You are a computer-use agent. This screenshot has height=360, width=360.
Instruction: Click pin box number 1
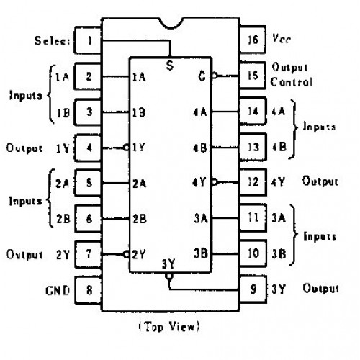coord(88,40)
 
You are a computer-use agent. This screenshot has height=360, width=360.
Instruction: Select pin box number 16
coord(253,40)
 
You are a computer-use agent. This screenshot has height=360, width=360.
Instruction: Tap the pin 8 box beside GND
coord(88,290)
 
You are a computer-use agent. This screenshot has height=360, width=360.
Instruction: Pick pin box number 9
coord(253,289)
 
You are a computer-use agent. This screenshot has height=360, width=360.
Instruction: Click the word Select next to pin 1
coord(52,41)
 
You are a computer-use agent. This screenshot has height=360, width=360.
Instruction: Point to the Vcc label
coord(282,38)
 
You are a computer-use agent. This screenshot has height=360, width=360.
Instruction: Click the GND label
coord(58,290)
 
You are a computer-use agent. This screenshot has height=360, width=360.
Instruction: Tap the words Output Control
coord(292,75)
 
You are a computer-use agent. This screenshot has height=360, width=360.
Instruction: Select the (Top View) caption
coord(169,327)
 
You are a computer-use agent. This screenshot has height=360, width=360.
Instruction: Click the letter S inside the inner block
coord(170,66)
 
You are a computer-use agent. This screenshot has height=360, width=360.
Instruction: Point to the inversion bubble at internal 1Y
coord(126,147)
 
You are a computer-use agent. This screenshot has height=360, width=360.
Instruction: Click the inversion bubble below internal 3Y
coord(169,276)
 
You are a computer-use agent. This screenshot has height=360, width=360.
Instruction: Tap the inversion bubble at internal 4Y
coord(215,182)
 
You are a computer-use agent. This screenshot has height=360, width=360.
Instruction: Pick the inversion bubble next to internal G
coord(215,76)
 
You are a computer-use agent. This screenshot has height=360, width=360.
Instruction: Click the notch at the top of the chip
coord(171,23)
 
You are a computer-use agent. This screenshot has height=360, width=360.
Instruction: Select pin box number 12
coord(253,182)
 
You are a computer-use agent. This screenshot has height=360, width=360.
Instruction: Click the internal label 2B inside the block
coord(140,219)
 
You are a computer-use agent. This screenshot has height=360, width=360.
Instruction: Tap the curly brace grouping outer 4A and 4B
coord(294,129)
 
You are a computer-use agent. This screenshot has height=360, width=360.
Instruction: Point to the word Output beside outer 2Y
coord(24,255)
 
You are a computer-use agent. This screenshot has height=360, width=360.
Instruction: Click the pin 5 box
coord(88,183)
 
